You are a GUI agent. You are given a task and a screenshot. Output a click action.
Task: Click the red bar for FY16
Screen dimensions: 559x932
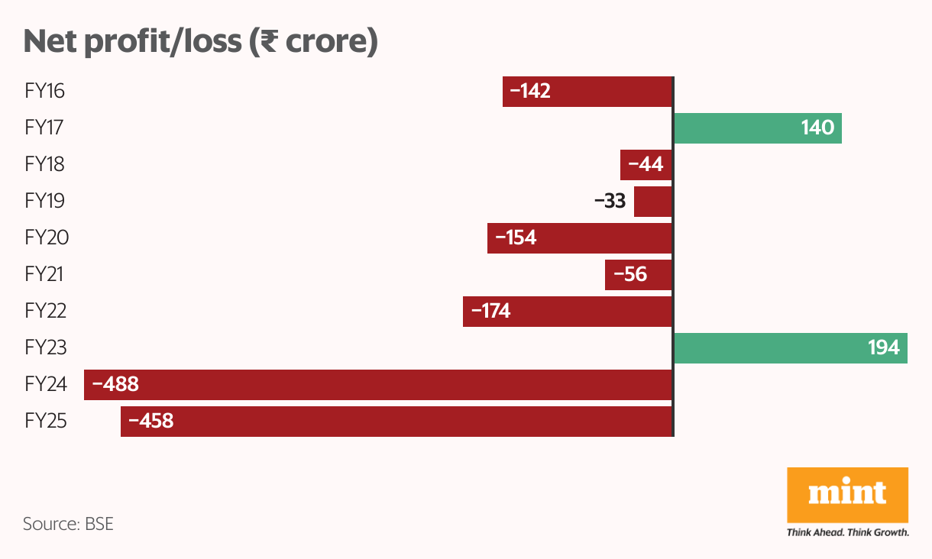(587, 92)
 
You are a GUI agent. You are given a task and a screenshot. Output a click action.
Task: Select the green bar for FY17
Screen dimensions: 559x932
(756, 128)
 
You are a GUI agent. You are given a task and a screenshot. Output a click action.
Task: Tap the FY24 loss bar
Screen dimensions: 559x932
(378, 385)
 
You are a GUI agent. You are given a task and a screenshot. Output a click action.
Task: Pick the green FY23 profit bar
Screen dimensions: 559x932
(790, 348)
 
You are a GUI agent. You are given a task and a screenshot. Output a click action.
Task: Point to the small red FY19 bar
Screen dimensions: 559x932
(652, 202)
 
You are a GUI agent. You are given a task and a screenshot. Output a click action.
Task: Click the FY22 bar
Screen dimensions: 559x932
(567, 312)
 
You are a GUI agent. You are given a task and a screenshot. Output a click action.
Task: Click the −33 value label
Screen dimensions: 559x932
(610, 202)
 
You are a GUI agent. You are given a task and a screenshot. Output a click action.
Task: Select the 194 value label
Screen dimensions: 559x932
(883, 348)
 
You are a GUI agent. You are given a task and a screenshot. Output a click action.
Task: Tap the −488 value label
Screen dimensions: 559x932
(115, 384)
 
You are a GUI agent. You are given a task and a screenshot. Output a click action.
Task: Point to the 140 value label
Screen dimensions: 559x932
(817, 128)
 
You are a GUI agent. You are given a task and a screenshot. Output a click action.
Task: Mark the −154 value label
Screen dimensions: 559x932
(516, 238)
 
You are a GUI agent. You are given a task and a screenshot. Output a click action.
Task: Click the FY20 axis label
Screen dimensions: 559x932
(47, 238)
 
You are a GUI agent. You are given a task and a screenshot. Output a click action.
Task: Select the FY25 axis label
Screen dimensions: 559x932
(47, 421)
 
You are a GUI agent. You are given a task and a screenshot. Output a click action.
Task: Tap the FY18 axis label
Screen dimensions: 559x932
(45, 165)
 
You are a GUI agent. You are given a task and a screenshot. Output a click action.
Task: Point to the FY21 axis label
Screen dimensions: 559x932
(45, 275)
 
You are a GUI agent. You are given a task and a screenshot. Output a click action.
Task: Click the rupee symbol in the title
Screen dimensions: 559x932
(268, 43)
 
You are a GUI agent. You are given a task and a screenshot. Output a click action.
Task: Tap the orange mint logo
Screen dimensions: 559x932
(847, 495)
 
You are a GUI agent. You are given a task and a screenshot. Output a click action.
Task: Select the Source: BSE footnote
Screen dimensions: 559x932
(68, 525)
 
